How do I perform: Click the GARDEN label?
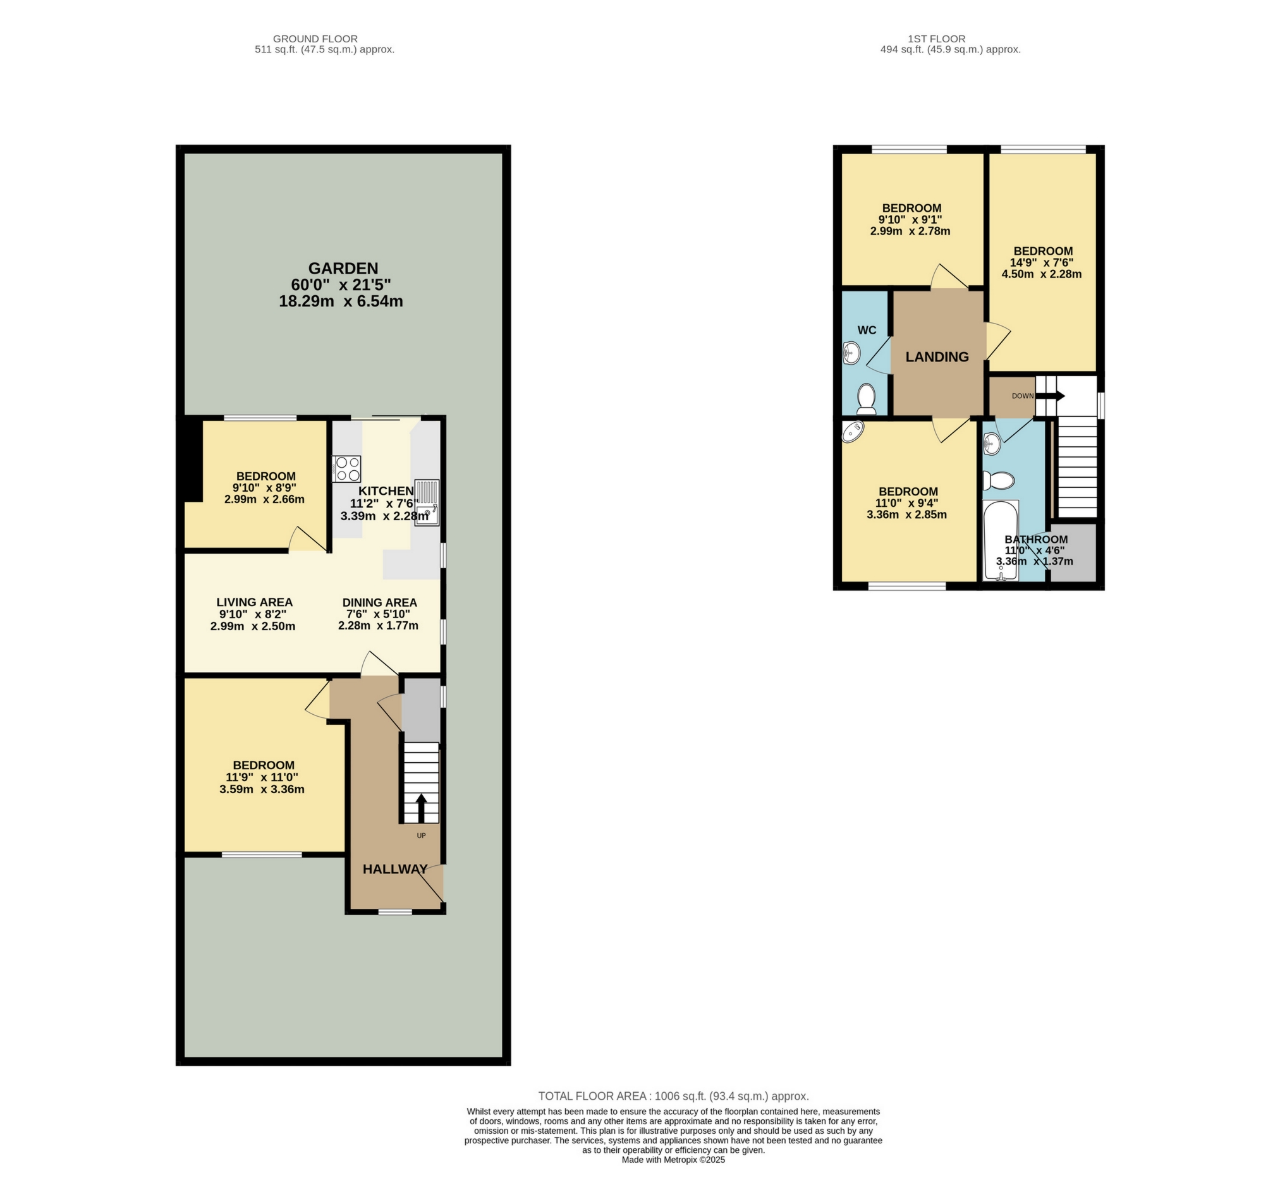coord(343,269)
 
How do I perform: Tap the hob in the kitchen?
coord(346,468)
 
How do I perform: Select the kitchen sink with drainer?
coord(427,502)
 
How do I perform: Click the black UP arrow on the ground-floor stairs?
coord(422,808)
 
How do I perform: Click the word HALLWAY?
coord(395,869)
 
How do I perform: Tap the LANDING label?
coord(937,357)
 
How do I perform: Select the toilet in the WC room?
coord(867,399)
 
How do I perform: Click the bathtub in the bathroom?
coord(1001,541)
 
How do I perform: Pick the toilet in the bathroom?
coord(999,480)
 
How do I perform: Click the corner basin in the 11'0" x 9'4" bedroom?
coord(853,432)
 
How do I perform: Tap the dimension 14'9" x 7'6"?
coord(1042,262)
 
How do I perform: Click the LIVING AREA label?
coord(255,602)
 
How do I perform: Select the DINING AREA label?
coord(380,603)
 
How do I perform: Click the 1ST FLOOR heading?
coord(936,39)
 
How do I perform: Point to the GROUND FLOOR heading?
coord(315,39)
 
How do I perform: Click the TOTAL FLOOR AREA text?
coord(673,1096)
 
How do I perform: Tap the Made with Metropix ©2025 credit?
coord(673,1159)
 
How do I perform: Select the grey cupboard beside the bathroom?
coord(1073,554)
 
